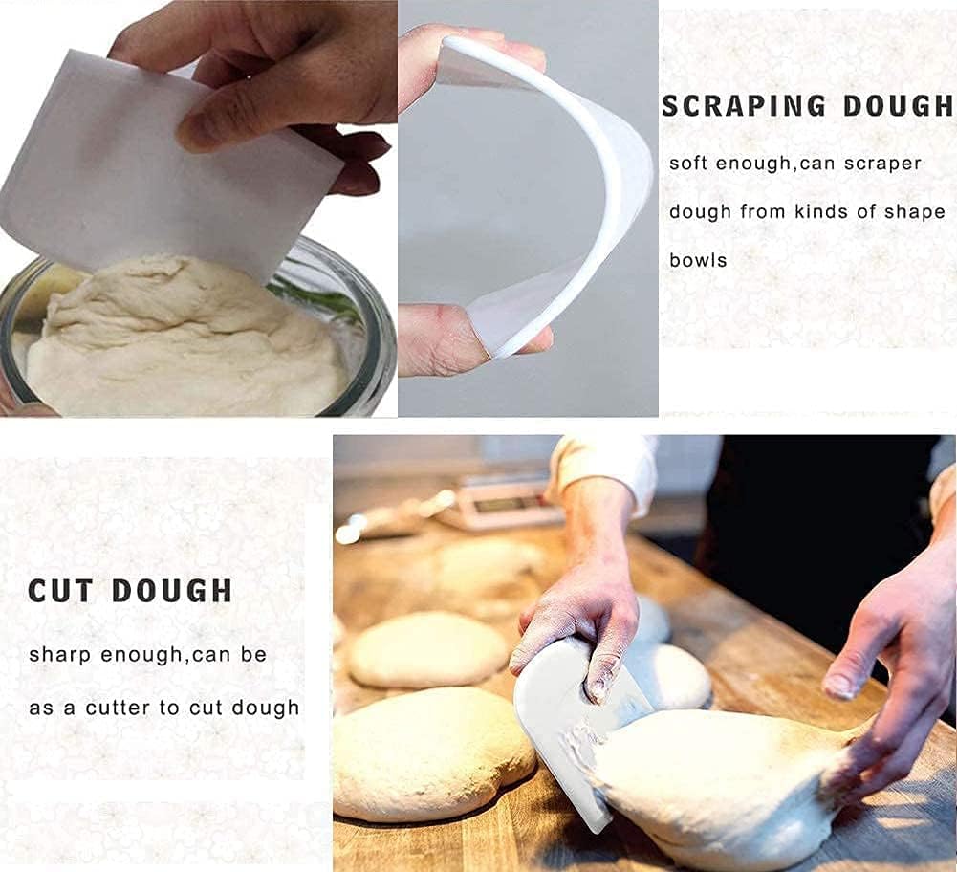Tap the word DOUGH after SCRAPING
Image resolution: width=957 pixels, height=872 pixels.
pyautogui.click(x=895, y=105)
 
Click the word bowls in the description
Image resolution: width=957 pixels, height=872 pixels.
pyautogui.click(x=698, y=260)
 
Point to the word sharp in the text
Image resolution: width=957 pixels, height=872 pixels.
pyautogui.click(x=60, y=656)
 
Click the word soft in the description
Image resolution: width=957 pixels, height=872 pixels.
pyautogui.click(x=688, y=163)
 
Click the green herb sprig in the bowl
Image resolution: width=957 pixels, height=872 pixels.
pyautogui.click(x=315, y=296)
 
